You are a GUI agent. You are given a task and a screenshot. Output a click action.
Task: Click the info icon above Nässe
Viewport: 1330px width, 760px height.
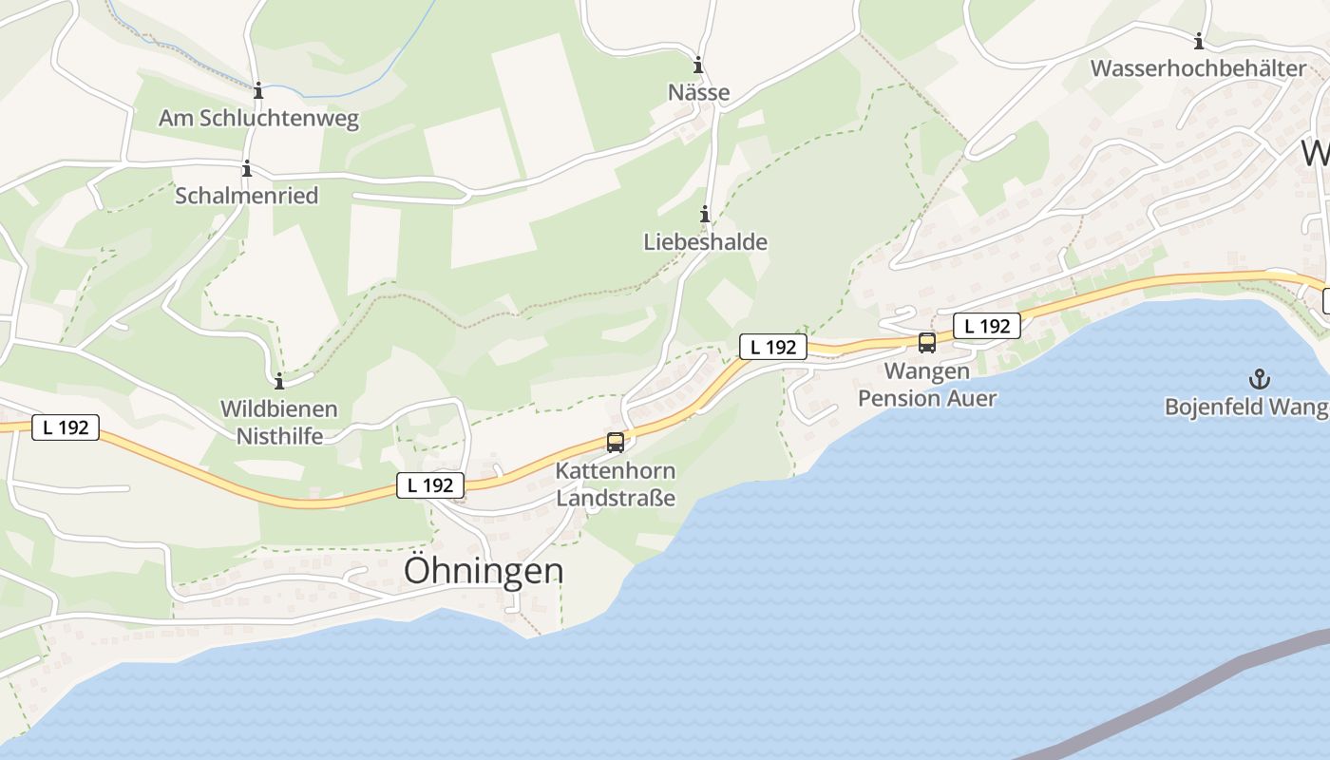tap(698, 66)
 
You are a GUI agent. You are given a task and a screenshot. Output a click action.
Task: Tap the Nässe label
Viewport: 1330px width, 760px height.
tap(699, 92)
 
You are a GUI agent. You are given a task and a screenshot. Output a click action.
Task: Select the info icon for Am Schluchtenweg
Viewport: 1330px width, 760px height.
tap(258, 91)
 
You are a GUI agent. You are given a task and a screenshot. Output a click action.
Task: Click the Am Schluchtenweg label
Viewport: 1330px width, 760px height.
tap(258, 119)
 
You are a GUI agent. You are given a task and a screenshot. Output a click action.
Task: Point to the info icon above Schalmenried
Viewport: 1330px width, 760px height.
tap(247, 169)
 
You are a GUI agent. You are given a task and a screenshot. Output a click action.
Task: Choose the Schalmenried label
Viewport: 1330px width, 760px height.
tap(247, 196)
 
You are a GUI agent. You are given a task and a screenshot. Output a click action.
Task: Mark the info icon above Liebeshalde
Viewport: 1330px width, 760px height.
tap(705, 215)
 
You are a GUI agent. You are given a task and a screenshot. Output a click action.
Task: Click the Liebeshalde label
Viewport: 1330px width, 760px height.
tap(705, 242)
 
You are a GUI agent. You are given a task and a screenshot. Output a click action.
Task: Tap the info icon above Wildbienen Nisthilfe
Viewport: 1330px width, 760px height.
tap(279, 382)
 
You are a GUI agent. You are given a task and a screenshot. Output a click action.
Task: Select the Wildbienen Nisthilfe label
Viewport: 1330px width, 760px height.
tap(279, 423)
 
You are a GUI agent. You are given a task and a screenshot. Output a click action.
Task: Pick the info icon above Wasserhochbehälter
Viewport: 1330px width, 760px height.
tap(1199, 41)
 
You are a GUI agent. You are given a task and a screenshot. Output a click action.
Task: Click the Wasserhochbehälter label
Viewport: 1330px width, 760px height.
tap(1199, 68)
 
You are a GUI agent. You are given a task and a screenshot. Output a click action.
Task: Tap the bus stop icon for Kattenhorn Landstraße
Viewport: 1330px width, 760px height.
tap(616, 442)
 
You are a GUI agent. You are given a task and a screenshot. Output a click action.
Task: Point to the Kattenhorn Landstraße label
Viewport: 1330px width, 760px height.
tap(616, 484)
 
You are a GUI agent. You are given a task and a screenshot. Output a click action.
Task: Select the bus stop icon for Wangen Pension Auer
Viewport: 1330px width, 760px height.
tap(927, 343)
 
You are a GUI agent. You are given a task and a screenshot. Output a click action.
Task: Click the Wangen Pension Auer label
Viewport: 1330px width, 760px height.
tap(927, 384)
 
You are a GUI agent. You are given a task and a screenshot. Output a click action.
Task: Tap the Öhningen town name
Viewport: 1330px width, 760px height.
tap(484, 571)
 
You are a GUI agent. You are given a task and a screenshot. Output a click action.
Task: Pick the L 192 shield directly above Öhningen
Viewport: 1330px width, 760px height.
tap(430, 485)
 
